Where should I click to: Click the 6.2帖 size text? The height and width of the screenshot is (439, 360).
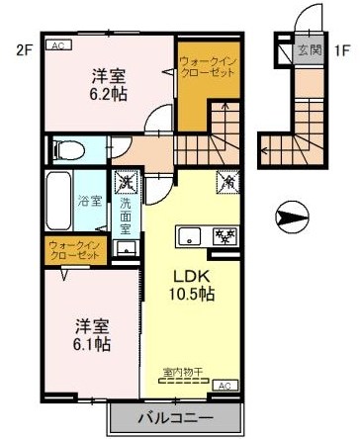(108, 94)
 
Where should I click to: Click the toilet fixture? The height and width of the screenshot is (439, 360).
(69, 150)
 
